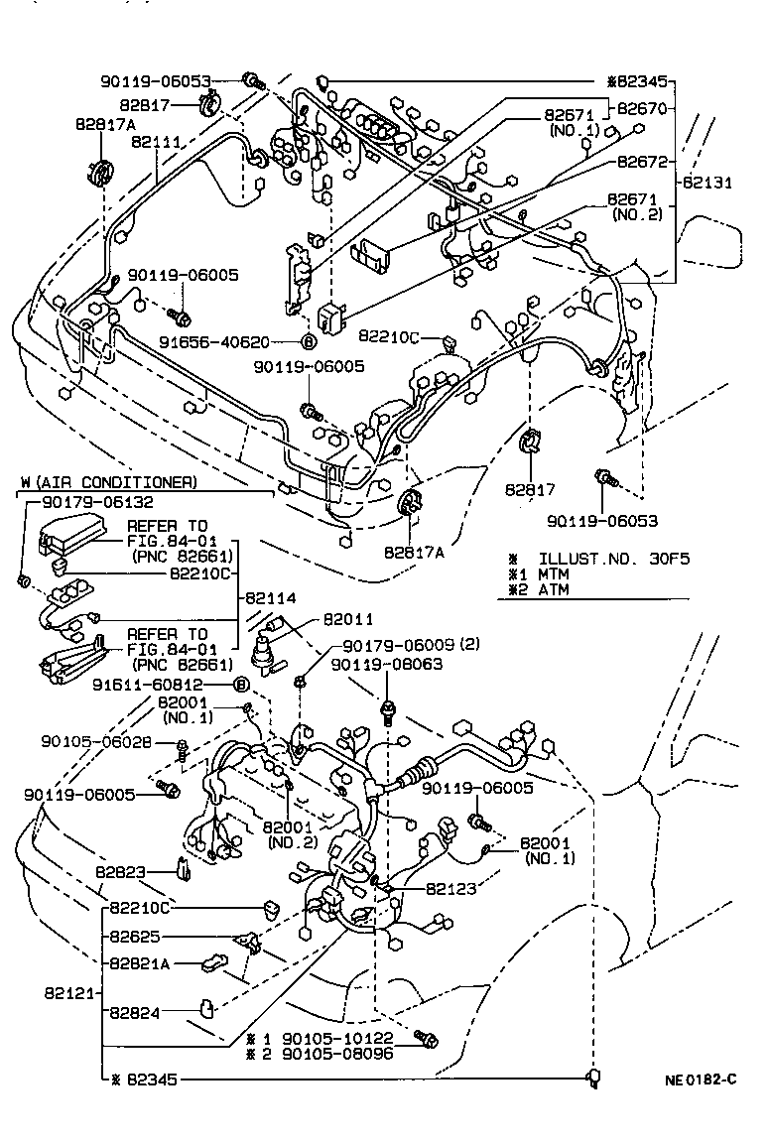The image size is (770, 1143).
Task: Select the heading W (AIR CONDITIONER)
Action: point(108,482)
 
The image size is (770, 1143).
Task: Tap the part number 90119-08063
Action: point(387,665)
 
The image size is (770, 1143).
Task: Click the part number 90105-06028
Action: point(96,742)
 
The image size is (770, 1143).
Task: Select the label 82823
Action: point(121,871)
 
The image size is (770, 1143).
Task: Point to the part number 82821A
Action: point(139,962)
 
